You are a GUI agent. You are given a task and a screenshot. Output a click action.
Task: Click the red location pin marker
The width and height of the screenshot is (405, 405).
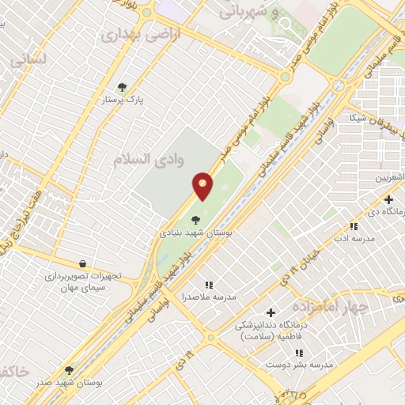click(x=203, y=186)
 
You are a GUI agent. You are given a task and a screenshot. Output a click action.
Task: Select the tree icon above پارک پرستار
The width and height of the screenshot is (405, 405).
click(x=122, y=87)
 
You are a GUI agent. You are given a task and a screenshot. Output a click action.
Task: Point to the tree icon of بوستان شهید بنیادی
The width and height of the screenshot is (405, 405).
click(x=195, y=220)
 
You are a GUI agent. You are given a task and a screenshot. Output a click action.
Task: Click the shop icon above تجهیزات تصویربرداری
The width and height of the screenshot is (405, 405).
click(x=83, y=263)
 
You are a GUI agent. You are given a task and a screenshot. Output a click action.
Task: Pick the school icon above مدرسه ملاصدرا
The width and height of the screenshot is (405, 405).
click(x=209, y=284)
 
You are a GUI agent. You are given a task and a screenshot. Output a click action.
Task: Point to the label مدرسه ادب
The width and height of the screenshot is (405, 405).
click(x=347, y=237)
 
